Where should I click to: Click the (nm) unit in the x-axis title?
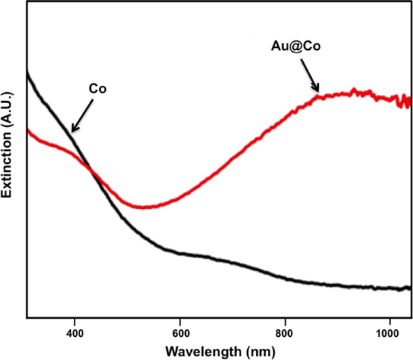click(259, 350)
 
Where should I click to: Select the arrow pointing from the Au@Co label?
click(307, 73)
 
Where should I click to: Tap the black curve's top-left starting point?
click(28, 72)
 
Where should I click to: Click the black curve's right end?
click(409, 289)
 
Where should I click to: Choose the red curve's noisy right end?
click(408, 102)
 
